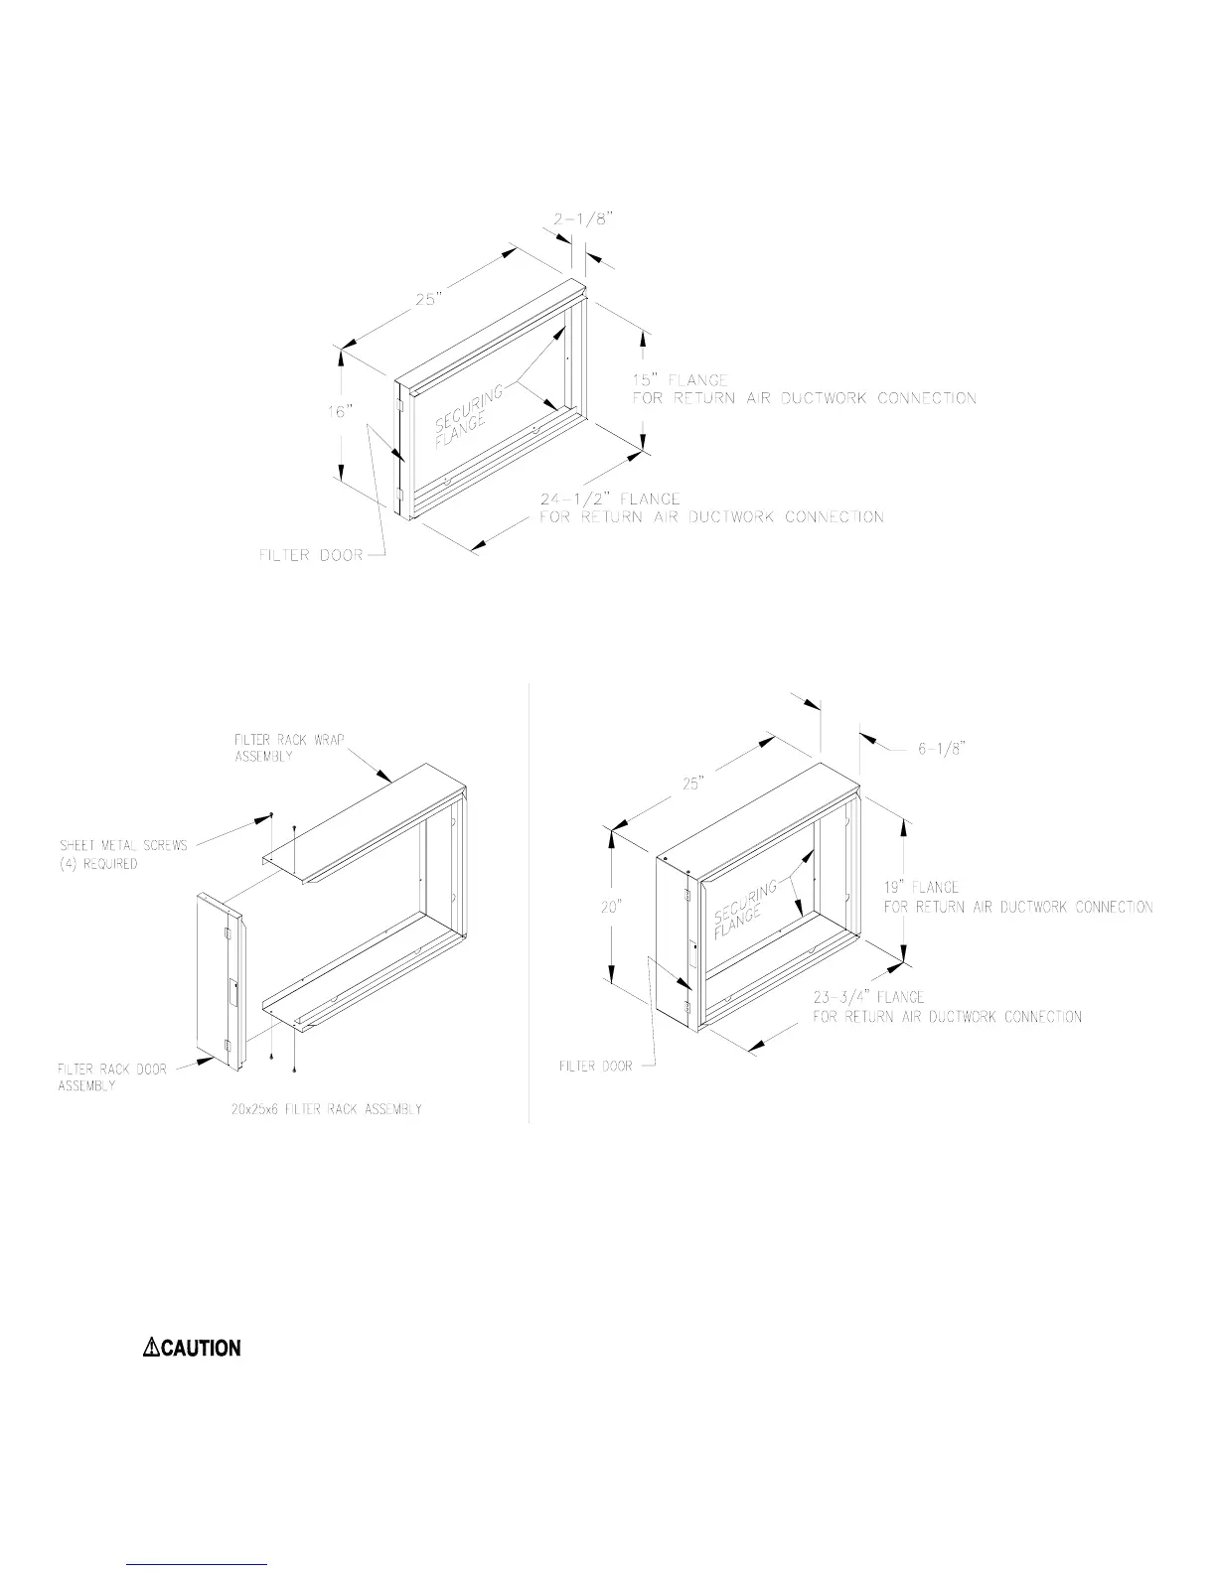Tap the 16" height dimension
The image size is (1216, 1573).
point(341,411)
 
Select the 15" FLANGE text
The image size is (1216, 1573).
point(681,380)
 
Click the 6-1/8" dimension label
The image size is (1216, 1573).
point(941,750)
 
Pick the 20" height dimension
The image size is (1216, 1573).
point(610,907)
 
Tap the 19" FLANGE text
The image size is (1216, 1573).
point(921,888)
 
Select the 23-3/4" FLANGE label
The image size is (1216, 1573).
point(868,997)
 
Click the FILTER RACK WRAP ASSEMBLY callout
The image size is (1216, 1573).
point(289,748)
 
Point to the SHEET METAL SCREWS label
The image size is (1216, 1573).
point(123,854)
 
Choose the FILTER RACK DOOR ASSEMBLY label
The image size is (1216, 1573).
point(111,1077)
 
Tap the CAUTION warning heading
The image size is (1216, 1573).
point(200,1348)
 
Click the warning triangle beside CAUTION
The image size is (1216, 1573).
point(151,1348)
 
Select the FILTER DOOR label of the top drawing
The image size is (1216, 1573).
point(311,555)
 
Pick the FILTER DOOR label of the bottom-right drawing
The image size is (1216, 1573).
point(595,1067)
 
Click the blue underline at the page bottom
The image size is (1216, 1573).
point(198,1564)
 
